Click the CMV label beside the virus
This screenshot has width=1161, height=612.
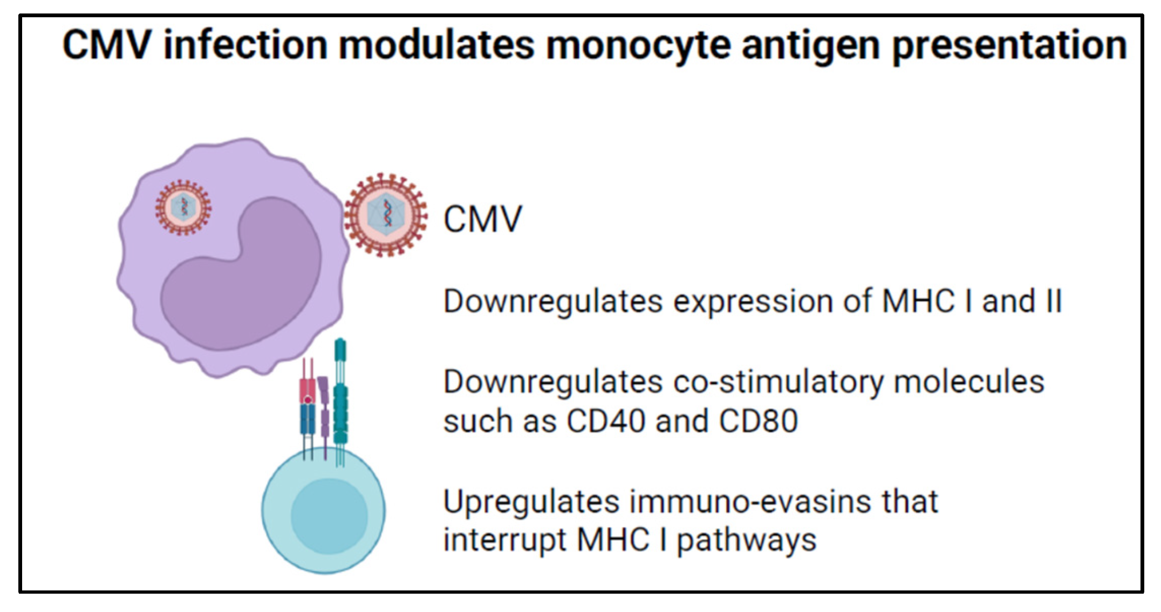pos(482,219)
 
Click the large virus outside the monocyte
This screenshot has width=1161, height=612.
pos(386,215)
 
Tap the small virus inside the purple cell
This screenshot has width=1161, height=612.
pos(183,208)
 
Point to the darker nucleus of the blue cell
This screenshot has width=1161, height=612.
pos(329,517)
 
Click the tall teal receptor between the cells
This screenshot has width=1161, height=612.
pos(340,399)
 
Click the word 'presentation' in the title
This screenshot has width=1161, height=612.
pos(1009,45)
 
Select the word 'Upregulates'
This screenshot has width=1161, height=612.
pos(531,503)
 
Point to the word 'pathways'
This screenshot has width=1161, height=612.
pos(747,541)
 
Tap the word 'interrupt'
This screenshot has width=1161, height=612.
pos(504,540)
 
